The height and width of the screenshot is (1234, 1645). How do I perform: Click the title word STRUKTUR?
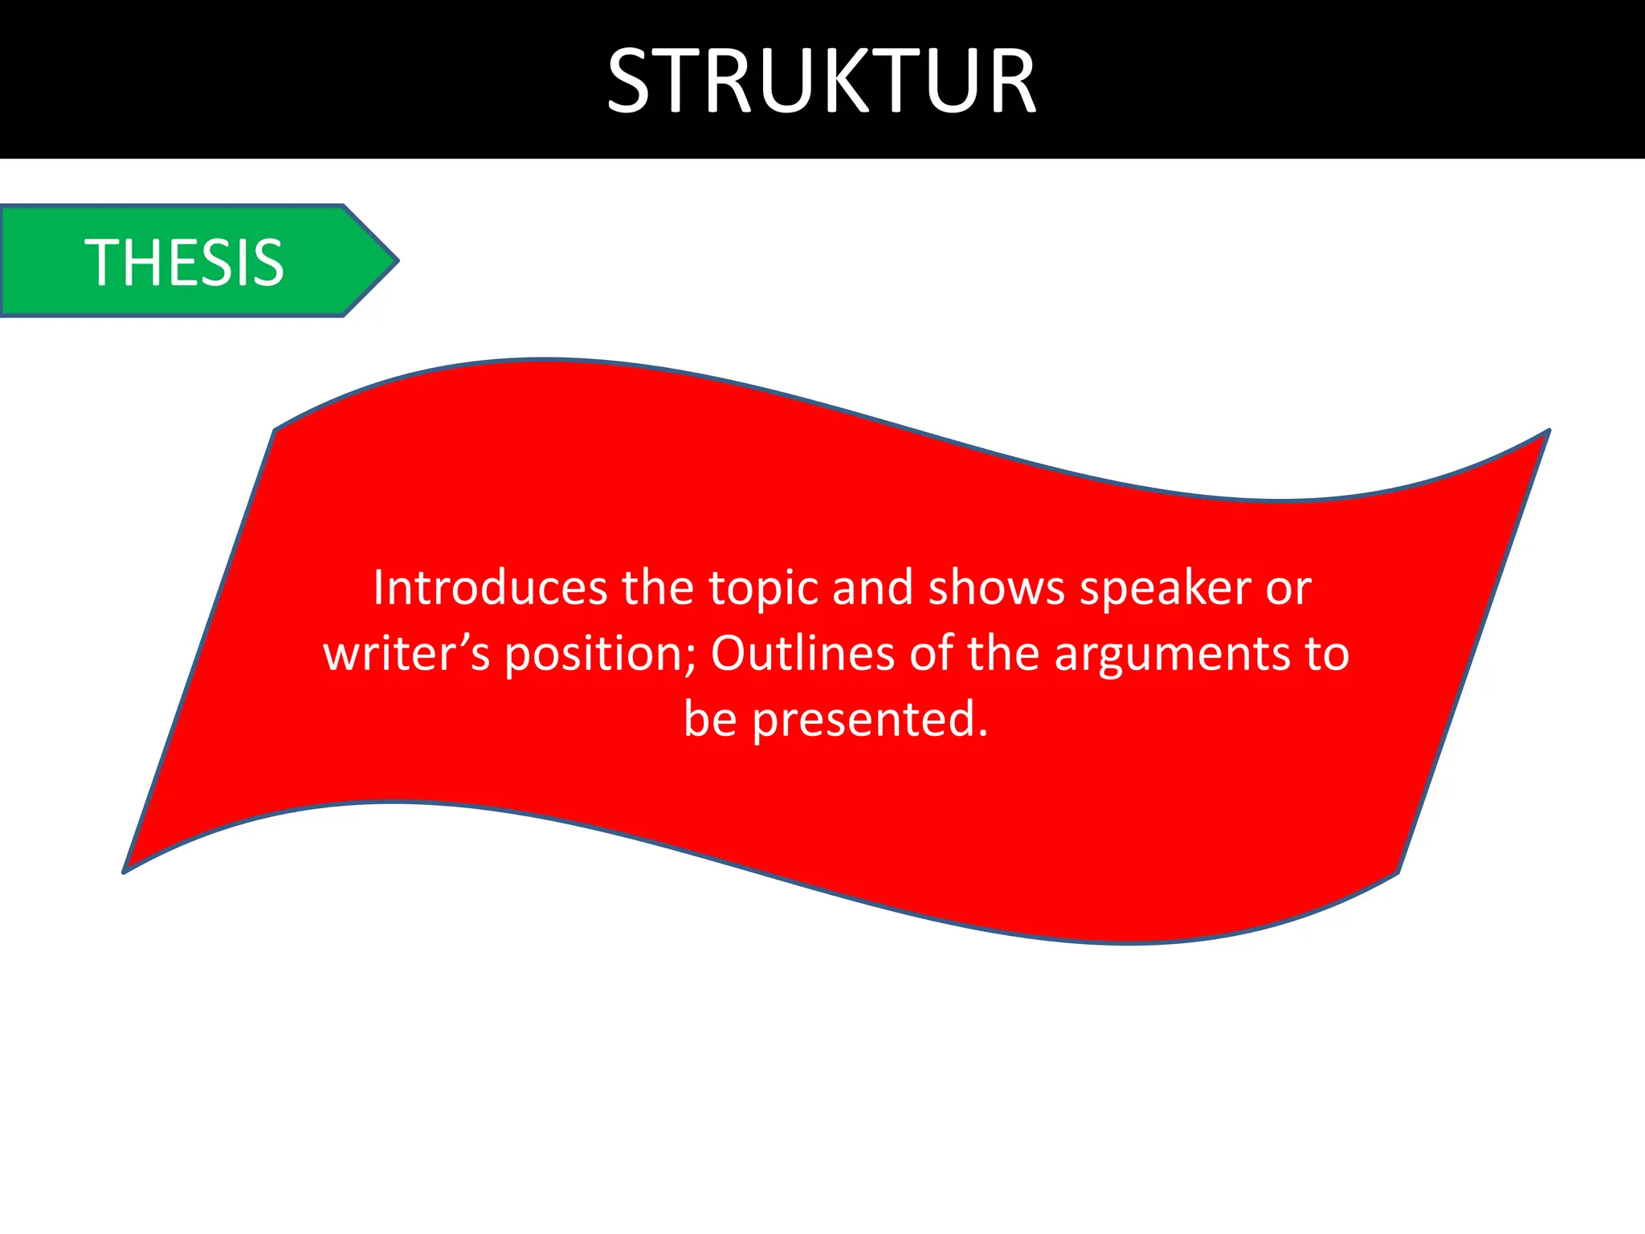coord(822,80)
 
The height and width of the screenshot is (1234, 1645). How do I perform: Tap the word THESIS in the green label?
coord(184,263)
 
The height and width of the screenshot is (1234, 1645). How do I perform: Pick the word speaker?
coord(1165,589)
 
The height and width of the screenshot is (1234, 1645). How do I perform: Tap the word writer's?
coord(406,653)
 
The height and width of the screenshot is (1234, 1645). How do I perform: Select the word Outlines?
coord(802,653)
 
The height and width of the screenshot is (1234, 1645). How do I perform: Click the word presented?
coord(869,720)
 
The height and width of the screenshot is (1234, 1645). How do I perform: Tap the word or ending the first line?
coord(1288,589)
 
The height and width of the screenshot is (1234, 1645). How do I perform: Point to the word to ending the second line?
coord(1327,653)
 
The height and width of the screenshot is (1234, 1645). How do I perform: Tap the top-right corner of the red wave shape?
coord(1547,431)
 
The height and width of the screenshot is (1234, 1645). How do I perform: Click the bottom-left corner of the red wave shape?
coord(124,872)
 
